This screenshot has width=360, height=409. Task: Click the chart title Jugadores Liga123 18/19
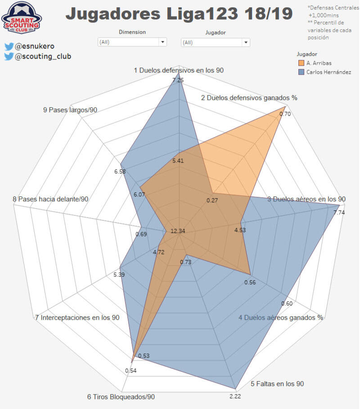pos(179,14)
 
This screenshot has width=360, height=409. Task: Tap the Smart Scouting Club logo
pos(21,18)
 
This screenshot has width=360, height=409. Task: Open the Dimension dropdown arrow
pos(162,42)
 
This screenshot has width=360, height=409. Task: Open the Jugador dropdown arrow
pos(245,42)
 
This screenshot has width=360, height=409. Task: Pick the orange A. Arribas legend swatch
pos(301,63)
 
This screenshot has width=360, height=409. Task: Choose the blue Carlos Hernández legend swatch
pos(301,72)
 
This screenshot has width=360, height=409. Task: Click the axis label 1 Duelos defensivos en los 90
pos(179,70)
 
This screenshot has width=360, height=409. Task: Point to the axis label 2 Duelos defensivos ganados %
pos(249,97)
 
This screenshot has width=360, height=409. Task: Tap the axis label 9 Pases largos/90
pos(70,110)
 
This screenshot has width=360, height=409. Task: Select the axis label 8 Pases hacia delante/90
pos(50,199)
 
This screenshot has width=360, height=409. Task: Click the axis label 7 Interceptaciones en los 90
pos(77,318)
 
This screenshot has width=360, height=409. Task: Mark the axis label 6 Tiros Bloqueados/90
pos(121,397)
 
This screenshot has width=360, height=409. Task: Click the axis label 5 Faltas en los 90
pos(277,384)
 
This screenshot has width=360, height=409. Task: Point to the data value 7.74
pos(339,212)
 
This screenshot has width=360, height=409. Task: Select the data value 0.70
pos(285,114)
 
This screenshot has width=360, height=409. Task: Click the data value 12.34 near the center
pos(178,231)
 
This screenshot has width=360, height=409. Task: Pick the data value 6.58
pos(120,172)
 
